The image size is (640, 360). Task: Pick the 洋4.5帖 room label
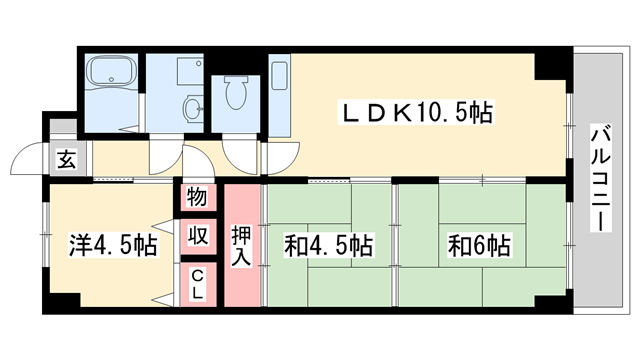click(112, 244)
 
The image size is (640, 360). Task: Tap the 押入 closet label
click(242, 245)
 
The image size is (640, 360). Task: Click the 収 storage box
click(198, 238)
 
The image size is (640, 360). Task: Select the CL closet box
click(198, 284)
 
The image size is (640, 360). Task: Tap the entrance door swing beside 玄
click(27, 160)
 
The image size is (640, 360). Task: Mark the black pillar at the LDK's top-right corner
click(549, 63)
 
